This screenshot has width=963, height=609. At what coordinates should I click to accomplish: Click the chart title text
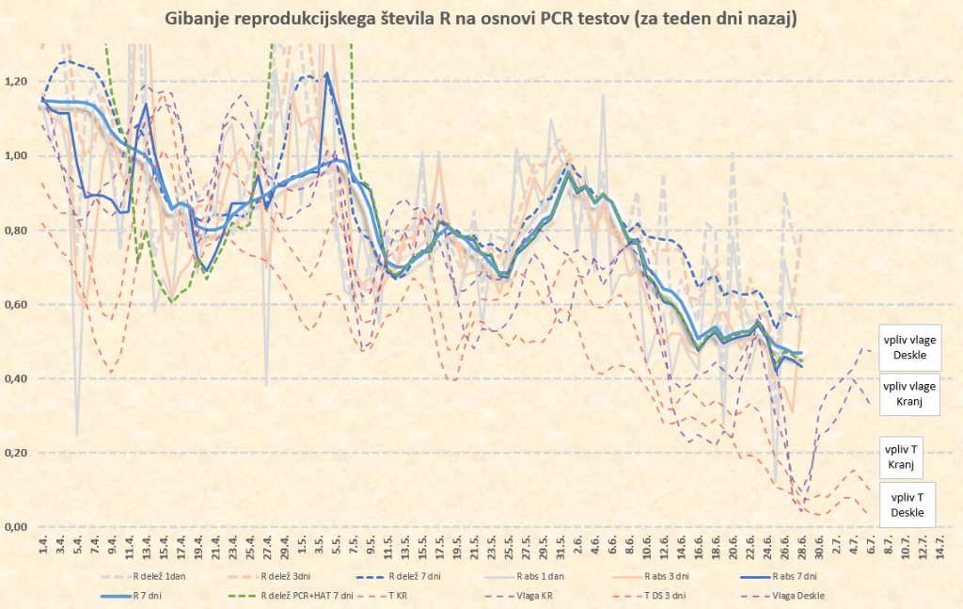pos(481,19)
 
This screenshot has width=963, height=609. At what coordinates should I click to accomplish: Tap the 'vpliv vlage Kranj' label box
pos(908,393)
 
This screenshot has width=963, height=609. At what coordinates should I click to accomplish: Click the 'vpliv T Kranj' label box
pos(908,458)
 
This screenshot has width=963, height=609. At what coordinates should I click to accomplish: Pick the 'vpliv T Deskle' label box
pos(908,505)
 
